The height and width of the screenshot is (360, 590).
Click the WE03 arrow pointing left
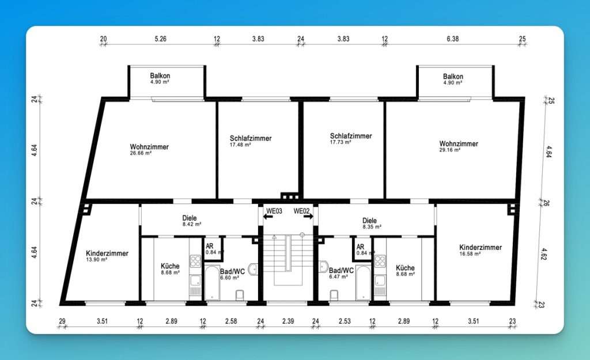[268, 217]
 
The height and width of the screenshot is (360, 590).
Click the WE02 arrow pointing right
[308, 217]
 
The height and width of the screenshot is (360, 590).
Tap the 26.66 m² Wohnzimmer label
[149, 149]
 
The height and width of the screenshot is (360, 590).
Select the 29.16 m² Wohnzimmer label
[459, 146]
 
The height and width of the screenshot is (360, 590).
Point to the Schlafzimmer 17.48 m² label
[251, 141]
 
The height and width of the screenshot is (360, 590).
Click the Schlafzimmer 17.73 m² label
[351, 138]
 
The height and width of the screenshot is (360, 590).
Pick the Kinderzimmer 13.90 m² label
[107, 256]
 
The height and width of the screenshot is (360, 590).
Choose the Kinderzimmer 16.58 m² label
[481, 250]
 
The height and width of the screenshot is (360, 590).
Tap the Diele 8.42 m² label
[191, 221]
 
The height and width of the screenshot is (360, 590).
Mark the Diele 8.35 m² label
[372, 223]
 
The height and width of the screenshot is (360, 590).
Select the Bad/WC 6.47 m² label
[341, 273]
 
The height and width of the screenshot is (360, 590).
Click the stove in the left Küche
[195, 261]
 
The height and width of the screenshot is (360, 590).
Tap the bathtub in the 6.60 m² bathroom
[212, 283]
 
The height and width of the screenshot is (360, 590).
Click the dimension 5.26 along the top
[160, 39]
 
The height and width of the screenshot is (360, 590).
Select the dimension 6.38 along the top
[453, 39]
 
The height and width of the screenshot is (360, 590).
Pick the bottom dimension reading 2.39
[288, 321]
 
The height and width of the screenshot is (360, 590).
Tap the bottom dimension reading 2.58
[231, 321]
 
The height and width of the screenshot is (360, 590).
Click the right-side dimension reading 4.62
[544, 254]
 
